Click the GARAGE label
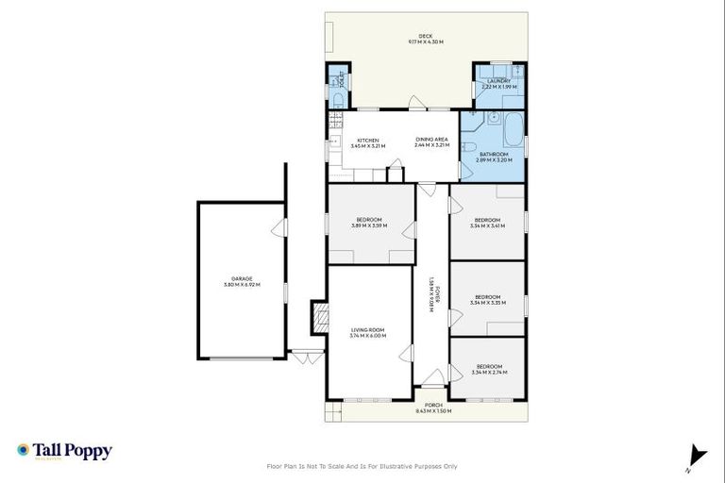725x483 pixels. click(x=242, y=278)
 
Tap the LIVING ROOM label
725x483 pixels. click(x=367, y=330)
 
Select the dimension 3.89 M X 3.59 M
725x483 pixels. click(x=369, y=225)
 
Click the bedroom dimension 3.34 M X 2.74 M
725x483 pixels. click(x=488, y=373)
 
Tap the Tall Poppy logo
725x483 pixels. click(x=64, y=451)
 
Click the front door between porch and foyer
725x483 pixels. click(x=432, y=387)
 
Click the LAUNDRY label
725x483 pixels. click(x=498, y=81)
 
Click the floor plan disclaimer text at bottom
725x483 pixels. click(x=362, y=466)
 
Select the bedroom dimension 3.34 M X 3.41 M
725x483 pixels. click(x=488, y=225)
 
